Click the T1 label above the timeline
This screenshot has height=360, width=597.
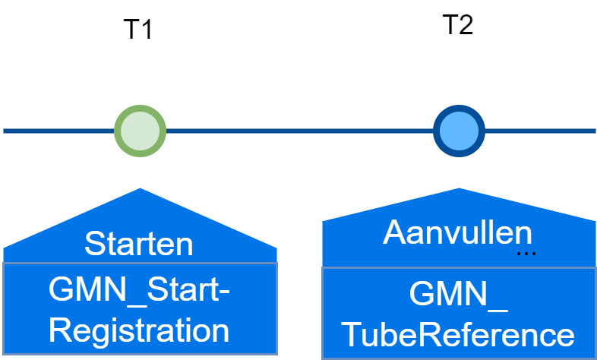[x=138, y=30]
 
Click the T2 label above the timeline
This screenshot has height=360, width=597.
[x=457, y=25]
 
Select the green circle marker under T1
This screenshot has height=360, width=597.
[x=140, y=131]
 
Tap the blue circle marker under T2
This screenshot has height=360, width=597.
[x=459, y=131]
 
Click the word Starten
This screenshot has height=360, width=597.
[x=139, y=245]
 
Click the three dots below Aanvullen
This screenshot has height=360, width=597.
[x=526, y=253]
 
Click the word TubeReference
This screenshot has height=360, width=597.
[x=458, y=335]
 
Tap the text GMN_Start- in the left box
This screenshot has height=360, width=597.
[x=139, y=290]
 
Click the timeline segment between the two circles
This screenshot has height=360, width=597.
[x=299, y=131]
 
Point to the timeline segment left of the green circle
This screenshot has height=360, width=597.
[x=58, y=131]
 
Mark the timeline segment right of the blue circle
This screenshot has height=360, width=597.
[x=540, y=131]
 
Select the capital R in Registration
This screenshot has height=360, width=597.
[x=68, y=330]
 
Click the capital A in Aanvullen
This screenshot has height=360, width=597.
[x=394, y=234]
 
